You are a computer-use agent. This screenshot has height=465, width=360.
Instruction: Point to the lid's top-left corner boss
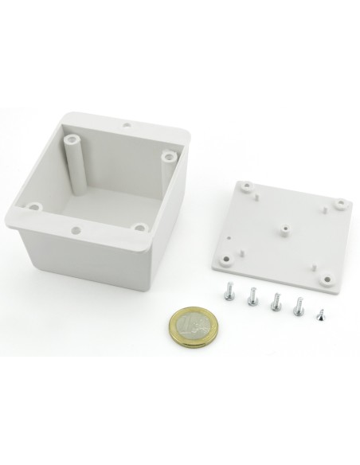click(x=245, y=187)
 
